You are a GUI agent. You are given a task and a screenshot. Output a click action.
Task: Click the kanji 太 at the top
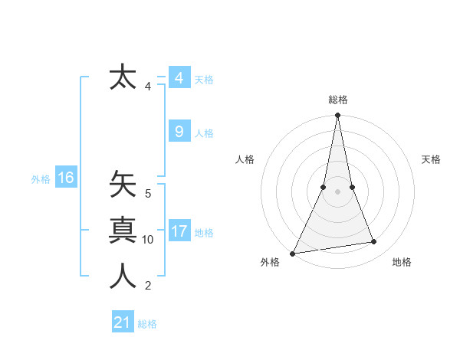(123, 77)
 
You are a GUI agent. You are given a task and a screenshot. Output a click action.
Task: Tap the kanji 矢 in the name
(123, 185)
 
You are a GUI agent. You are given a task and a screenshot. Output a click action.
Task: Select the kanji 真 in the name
(123, 231)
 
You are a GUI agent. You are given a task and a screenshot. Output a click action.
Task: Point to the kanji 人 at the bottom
(123, 277)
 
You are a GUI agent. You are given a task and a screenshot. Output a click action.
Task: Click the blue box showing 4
(179, 78)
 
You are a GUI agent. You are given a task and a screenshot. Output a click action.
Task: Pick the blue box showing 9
(179, 132)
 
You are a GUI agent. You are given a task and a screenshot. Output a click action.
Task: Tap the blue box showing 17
(179, 231)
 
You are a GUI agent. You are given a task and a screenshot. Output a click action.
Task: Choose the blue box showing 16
(65, 178)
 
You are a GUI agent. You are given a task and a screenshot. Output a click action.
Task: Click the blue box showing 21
(122, 322)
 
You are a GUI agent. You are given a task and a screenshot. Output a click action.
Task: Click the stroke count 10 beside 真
(148, 240)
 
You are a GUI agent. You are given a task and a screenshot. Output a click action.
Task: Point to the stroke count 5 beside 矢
(148, 194)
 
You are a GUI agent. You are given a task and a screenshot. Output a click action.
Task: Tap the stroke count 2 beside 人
(148, 286)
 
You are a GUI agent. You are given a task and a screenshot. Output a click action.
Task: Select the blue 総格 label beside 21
(147, 324)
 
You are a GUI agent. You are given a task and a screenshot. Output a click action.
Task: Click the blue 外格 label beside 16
(41, 179)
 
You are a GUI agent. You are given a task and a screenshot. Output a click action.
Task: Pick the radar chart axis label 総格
(337, 100)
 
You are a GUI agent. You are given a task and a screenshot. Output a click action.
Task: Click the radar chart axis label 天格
(431, 159)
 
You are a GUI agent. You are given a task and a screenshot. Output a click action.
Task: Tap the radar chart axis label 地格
(402, 263)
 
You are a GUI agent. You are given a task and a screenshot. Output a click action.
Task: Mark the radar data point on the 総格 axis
(337, 116)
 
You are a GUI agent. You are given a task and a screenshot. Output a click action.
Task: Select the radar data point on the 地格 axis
(374, 242)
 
